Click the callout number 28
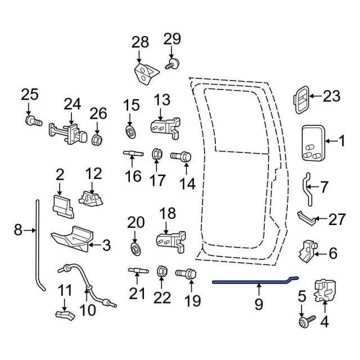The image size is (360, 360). tap(140, 42)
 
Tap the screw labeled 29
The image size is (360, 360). tap(171, 65)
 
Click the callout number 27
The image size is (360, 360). tap(336, 219)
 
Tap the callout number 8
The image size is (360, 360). tap(18, 229)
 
